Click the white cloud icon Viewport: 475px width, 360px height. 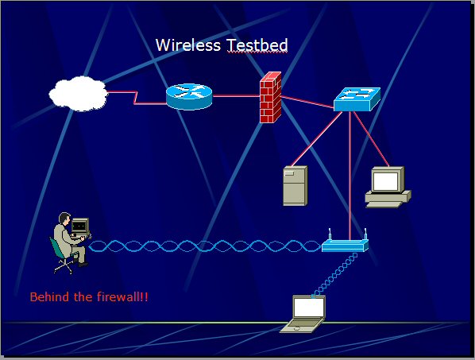(79, 94)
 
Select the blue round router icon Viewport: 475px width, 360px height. (189, 96)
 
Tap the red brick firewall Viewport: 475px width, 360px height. (271, 97)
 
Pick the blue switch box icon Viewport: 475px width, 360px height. (357, 99)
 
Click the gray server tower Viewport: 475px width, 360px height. (295, 185)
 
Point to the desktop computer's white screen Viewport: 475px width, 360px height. (385, 181)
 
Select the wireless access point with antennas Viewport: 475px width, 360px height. (345, 242)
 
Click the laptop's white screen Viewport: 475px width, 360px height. (309, 308)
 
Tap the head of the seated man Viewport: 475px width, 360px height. (64, 219)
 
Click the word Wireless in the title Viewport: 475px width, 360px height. (187, 45)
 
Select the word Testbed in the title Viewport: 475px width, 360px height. (257, 45)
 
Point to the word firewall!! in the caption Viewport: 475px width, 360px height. (122, 296)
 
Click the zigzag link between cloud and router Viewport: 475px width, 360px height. (136, 98)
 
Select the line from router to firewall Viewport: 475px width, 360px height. (236, 96)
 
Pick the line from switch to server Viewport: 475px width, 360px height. (317, 139)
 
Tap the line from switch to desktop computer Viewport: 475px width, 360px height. (371, 139)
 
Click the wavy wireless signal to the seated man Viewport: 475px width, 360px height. (205, 246)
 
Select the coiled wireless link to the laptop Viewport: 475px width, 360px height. (334, 275)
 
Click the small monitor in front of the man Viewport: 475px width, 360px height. (80, 226)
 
